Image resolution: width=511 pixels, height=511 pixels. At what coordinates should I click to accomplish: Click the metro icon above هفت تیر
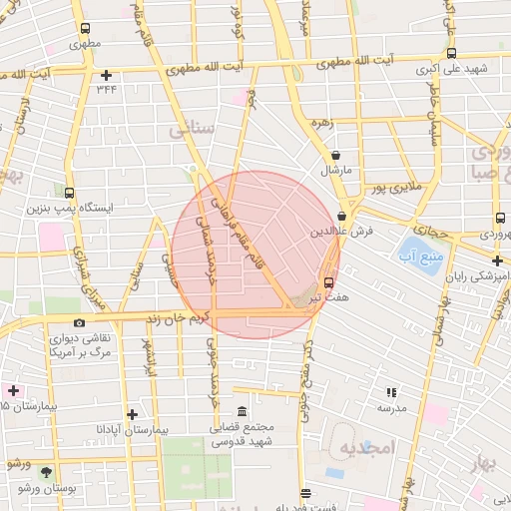point(329,281)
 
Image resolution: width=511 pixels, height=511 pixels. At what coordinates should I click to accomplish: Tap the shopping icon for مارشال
point(335,156)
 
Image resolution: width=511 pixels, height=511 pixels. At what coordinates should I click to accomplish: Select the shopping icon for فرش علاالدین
point(342,216)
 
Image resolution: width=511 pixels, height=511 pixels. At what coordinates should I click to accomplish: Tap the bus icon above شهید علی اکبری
point(452,54)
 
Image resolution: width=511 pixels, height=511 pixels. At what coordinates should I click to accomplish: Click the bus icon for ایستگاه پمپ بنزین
point(69,193)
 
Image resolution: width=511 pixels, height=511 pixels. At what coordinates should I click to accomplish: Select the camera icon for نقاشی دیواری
point(79,322)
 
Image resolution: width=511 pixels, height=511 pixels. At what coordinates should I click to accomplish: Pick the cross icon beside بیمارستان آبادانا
point(132,413)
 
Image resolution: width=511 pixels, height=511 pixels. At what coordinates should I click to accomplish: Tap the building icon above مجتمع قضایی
point(242,411)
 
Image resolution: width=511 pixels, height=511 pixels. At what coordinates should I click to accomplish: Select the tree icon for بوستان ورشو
point(45,470)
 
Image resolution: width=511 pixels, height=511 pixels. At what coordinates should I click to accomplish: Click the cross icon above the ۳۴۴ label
point(107,75)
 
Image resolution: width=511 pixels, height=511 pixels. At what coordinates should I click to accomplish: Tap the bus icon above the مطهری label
point(84,29)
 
